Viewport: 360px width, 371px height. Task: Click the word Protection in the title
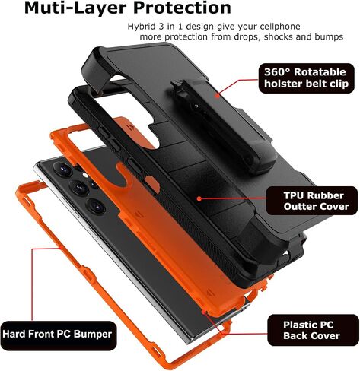click(182, 8)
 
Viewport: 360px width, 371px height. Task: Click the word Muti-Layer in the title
click(76, 8)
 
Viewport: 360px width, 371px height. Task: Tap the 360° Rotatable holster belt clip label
click(306, 78)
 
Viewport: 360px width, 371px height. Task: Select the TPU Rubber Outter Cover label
click(311, 201)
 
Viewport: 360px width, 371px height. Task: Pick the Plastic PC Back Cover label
click(313, 330)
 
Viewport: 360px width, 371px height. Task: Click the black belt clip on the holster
click(223, 127)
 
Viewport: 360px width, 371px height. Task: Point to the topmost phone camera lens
click(62, 169)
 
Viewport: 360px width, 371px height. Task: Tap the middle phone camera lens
click(79, 187)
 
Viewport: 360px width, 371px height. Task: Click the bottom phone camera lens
click(96, 206)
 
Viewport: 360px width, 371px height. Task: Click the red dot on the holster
click(217, 96)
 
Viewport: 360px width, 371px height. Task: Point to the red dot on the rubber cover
click(199, 198)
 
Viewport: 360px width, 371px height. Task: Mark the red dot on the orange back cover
click(204, 311)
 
